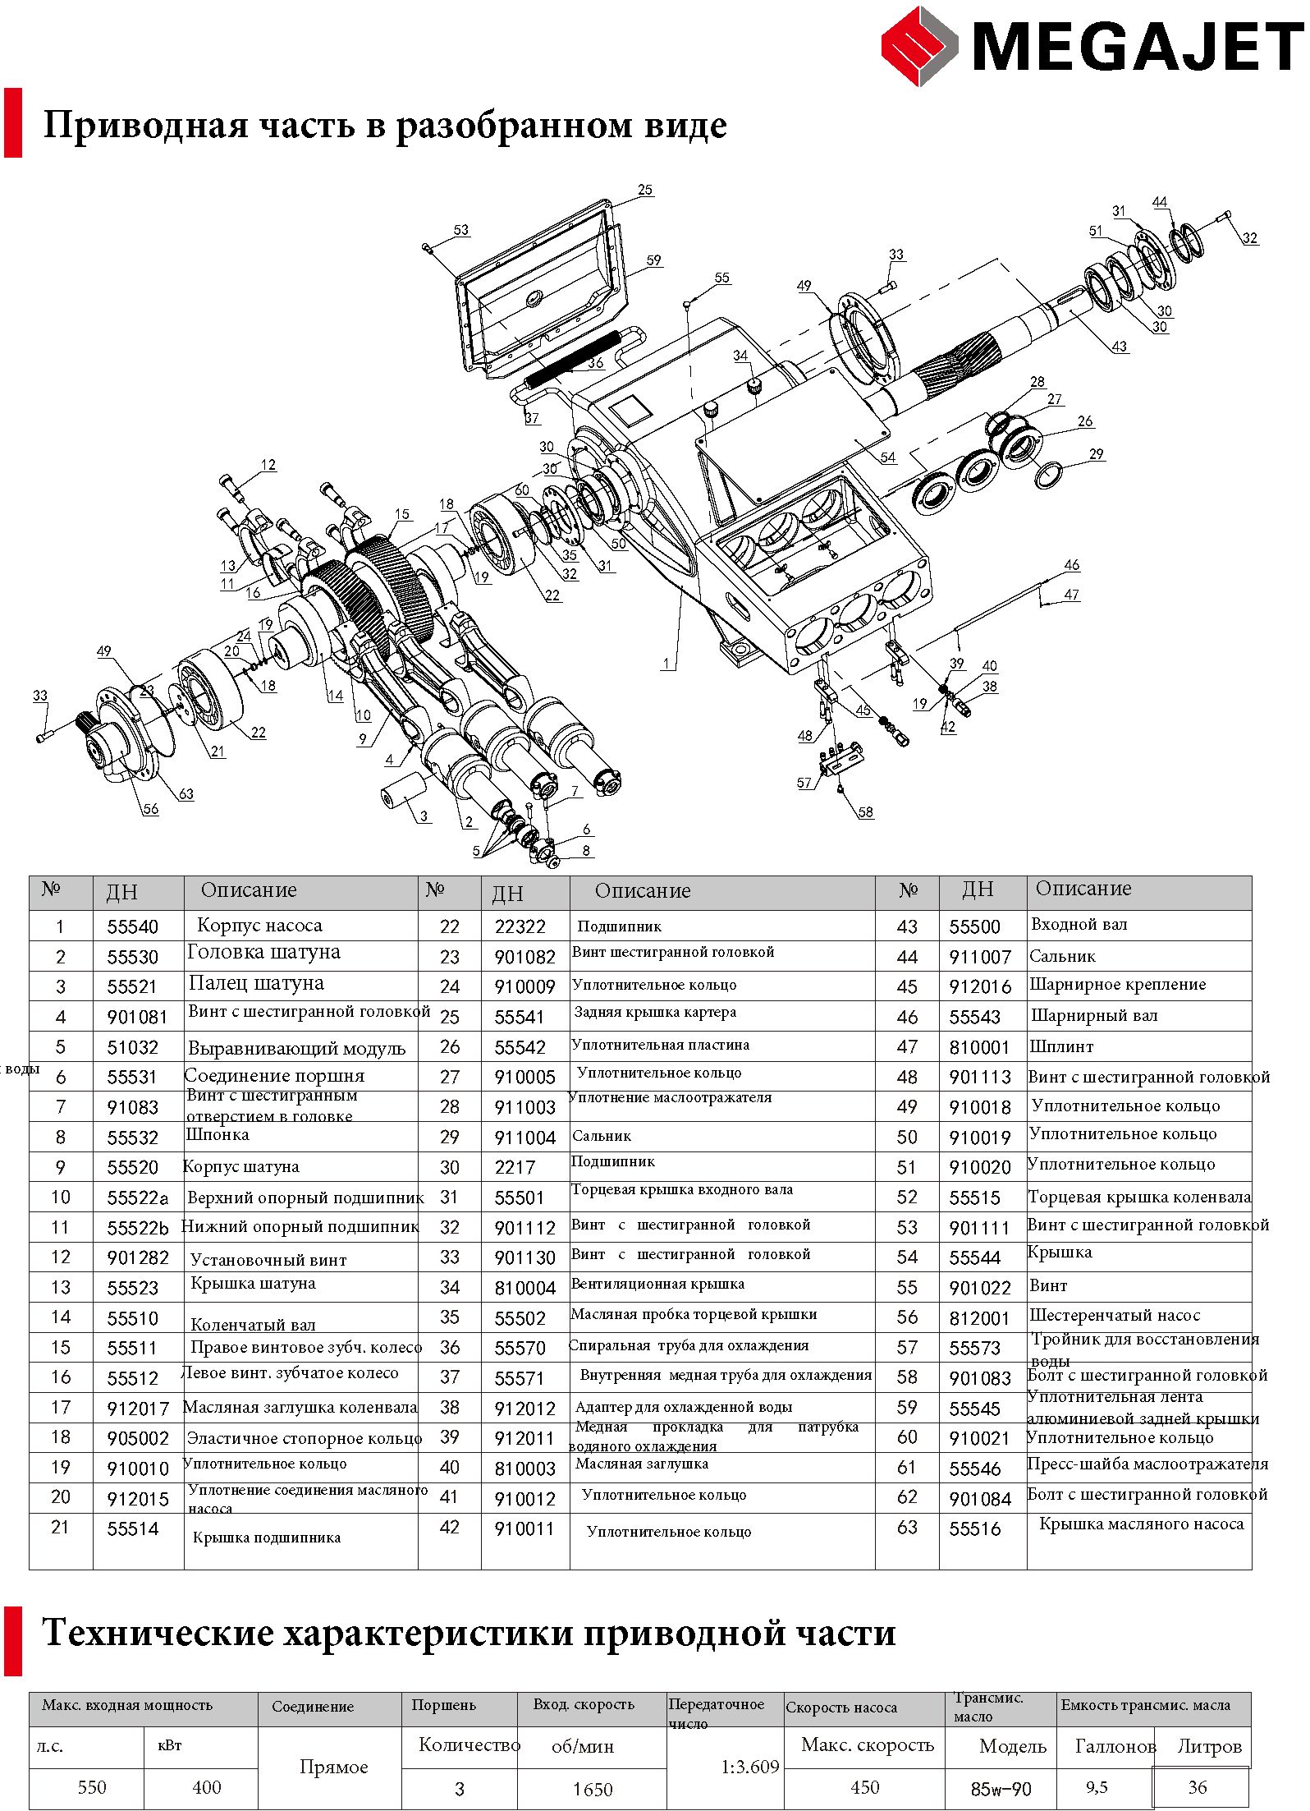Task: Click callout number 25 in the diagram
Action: click(645, 190)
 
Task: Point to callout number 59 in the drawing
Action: click(653, 260)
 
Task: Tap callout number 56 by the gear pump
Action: click(151, 809)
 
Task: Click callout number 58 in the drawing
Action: click(866, 812)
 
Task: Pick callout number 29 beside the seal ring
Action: click(1097, 454)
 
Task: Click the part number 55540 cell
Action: click(132, 926)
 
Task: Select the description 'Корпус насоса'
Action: click(259, 925)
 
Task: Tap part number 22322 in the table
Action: click(520, 926)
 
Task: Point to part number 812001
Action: click(978, 1318)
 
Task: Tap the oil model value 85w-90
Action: click(1001, 1789)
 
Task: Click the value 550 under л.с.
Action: click(92, 1788)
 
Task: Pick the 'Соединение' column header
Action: click(313, 1707)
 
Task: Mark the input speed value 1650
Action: click(593, 1789)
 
